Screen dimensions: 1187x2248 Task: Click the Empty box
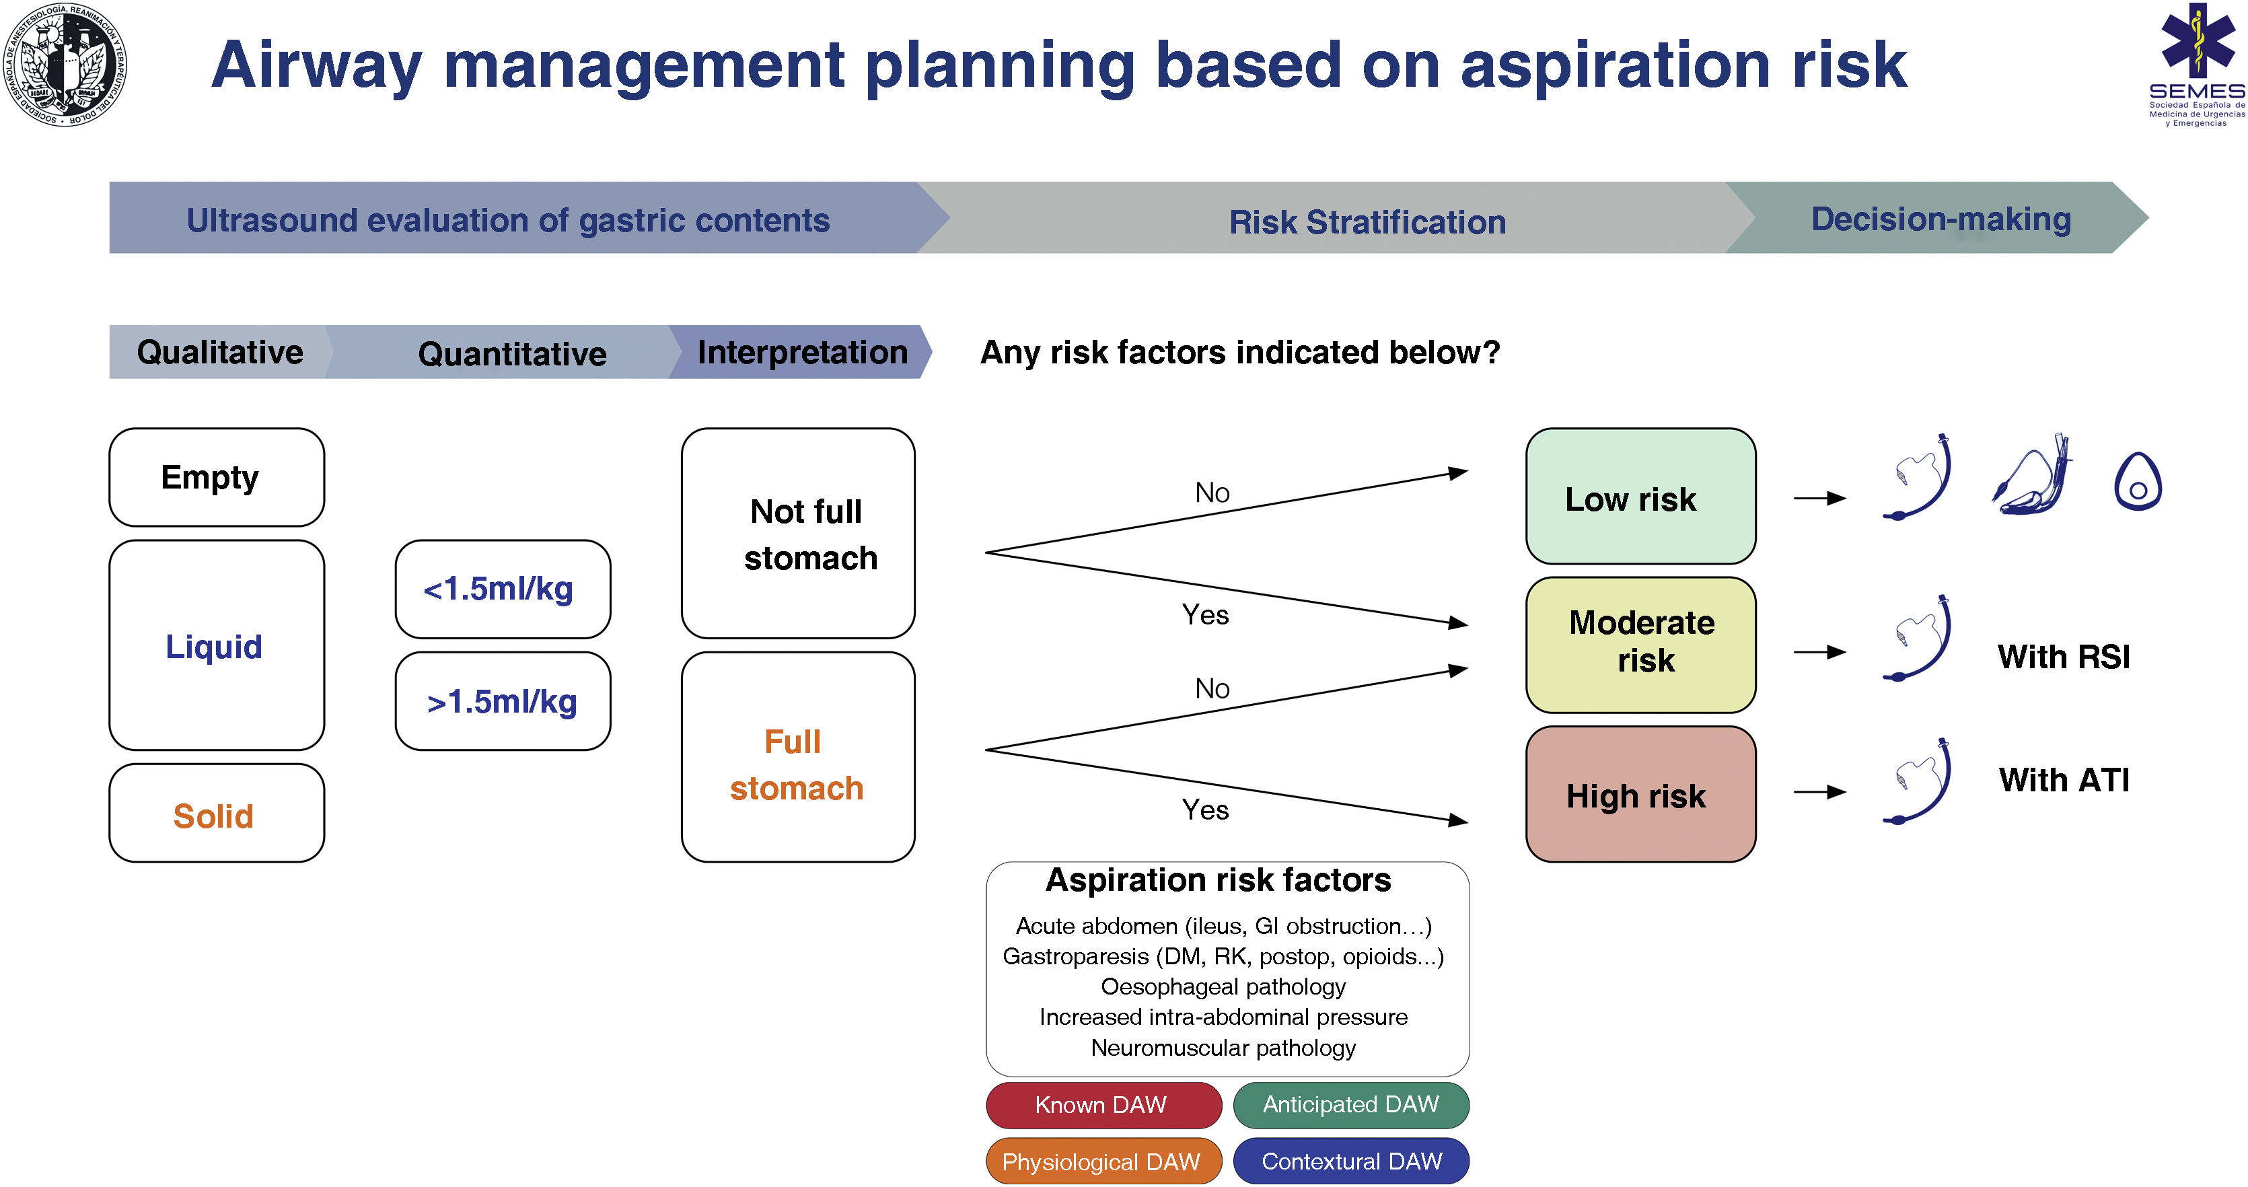tap(217, 477)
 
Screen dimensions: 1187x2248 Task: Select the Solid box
tap(217, 814)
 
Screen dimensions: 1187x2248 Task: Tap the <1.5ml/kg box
tap(503, 589)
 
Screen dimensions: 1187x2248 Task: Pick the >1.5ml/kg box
tap(503, 701)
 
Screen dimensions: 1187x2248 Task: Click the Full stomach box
tap(797, 758)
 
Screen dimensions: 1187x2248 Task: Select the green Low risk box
tap(1640, 497)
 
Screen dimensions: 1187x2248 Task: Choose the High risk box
tap(1640, 794)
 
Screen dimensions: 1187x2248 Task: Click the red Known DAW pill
tap(1103, 1105)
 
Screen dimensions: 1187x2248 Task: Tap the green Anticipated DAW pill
tap(1351, 1105)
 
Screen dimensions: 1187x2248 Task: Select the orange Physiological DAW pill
tap(1103, 1161)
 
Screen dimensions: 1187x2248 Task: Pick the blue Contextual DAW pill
tap(1351, 1161)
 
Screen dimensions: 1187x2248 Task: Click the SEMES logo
tap(2196, 65)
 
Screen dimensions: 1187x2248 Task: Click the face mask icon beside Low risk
tap(2137, 481)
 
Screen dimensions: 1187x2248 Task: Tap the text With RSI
tap(2064, 656)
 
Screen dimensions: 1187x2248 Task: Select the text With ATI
tap(2064, 779)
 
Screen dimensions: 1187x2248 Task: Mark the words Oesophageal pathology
tap(1223, 986)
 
